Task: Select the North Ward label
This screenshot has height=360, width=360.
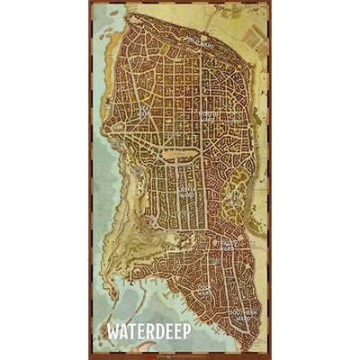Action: tap(209, 116)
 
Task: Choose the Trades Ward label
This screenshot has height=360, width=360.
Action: tap(225, 244)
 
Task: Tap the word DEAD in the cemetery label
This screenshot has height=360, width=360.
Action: tap(236, 202)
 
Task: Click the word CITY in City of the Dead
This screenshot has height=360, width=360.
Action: tap(236, 190)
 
